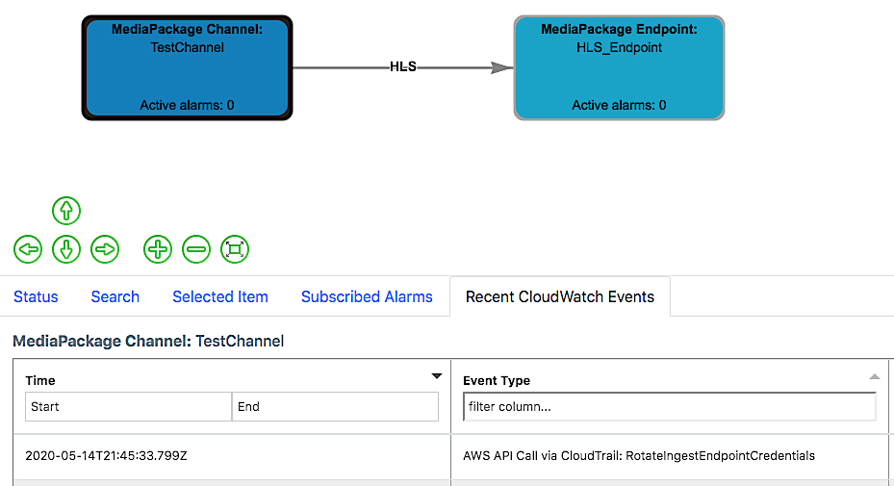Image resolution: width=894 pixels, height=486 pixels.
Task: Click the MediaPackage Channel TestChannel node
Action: click(187, 67)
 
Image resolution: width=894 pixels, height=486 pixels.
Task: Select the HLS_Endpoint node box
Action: click(619, 67)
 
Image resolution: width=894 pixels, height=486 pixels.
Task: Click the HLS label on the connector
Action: click(403, 67)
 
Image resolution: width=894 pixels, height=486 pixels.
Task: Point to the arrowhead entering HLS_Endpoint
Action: click(501, 67)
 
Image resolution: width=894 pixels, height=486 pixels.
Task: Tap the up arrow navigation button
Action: click(65, 211)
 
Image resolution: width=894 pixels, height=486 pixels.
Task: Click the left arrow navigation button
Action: click(28, 249)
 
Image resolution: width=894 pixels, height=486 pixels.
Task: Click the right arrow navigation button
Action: click(104, 249)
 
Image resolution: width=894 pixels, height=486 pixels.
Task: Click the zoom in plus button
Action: click(157, 249)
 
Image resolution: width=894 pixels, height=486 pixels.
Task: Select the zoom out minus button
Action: click(196, 249)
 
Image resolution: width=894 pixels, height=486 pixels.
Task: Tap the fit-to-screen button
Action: click(235, 249)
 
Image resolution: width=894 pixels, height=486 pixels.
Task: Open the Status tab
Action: click(36, 296)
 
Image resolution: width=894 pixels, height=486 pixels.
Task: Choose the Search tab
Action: click(115, 296)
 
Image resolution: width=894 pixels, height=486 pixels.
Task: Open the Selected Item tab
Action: click(219, 296)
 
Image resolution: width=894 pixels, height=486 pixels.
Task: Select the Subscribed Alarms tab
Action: click(367, 296)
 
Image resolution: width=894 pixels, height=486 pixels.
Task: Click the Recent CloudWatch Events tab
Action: click(559, 296)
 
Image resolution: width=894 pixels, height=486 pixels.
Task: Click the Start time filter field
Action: click(128, 406)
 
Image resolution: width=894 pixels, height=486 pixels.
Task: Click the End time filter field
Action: click(335, 406)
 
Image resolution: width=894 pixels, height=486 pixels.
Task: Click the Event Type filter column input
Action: click(669, 406)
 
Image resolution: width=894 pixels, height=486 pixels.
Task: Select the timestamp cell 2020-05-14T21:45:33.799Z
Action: click(106, 455)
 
